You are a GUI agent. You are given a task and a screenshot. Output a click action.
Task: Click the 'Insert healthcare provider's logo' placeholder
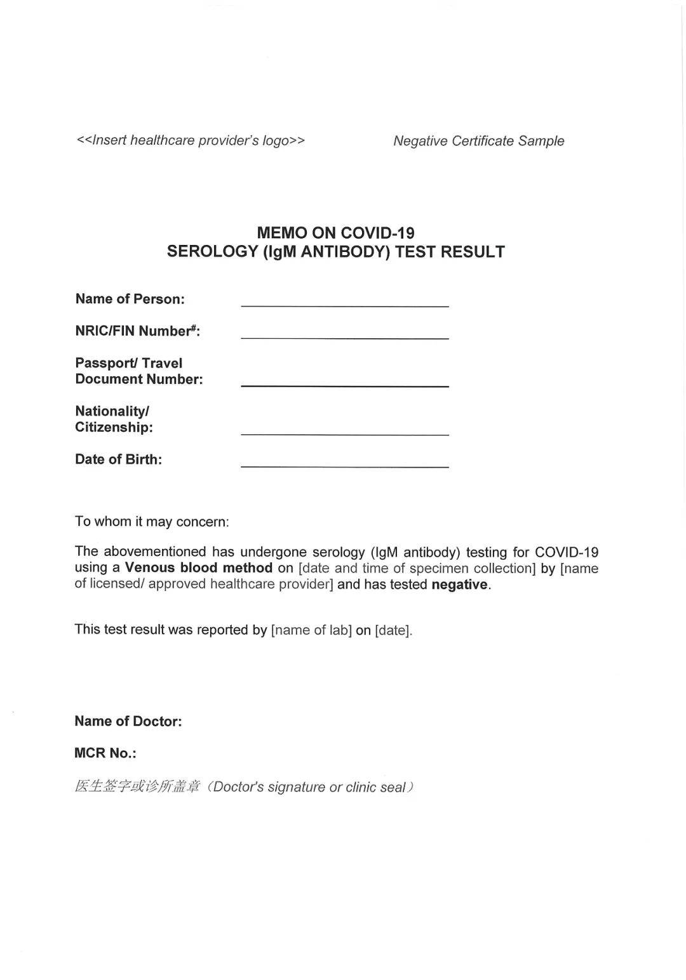pos(191,140)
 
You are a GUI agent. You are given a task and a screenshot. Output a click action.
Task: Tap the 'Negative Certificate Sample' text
pos(478,141)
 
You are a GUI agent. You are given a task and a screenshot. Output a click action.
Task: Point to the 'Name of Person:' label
pos(130,299)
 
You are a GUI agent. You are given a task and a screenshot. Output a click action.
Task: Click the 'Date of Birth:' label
pos(118,460)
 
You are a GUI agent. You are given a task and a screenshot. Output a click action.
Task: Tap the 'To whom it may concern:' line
pos(151,522)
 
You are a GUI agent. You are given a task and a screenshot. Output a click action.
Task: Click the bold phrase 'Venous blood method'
pos(198,568)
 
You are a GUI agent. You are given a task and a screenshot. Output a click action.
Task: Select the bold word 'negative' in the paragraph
pos(459,585)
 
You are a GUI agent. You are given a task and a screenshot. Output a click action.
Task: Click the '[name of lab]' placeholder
pos(311,630)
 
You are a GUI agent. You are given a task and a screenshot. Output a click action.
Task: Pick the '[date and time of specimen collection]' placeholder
pos(417,569)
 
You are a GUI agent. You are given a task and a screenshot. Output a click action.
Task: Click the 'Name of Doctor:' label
pos(128,721)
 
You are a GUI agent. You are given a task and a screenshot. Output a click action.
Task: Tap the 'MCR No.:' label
pos(105,753)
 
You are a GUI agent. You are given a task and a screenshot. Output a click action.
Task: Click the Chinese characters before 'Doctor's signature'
pos(137,787)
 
